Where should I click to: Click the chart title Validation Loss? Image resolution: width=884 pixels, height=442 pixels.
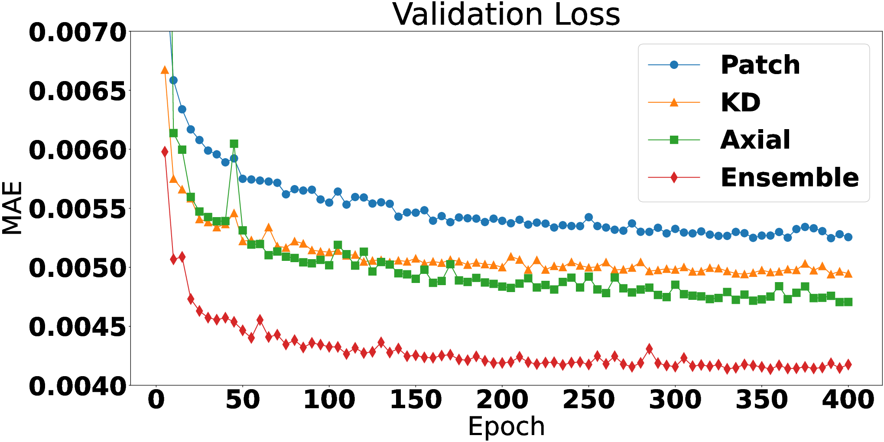coord(506,14)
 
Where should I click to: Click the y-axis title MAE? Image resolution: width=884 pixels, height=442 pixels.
coord(12,208)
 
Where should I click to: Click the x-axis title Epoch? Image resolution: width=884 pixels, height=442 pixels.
coord(506,427)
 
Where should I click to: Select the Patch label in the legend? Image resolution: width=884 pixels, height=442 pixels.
coord(760,65)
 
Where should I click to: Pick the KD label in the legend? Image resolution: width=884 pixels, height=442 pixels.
coord(741,103)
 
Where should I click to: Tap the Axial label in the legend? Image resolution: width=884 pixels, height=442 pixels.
coord(755,140)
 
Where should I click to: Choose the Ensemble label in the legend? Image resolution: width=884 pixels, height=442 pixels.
coord(790,178)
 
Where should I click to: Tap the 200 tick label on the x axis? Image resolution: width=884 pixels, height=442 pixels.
coord(502,400)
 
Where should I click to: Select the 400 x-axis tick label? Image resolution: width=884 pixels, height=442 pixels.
coord(848,400)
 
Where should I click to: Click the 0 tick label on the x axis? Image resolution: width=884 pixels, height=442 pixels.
coord(156,400)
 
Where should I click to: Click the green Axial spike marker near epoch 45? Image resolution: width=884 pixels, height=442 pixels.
coord(234,144)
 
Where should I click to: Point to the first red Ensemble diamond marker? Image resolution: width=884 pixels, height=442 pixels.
coord(165,152)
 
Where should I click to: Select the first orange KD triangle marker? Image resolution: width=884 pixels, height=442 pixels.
coord(165,70)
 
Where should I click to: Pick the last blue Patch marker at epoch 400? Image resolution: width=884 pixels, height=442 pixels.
coord(848,237)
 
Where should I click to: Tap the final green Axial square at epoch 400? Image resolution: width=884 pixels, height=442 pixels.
coord(848,302)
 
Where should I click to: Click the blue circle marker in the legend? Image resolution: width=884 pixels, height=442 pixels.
coord(674,65)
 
